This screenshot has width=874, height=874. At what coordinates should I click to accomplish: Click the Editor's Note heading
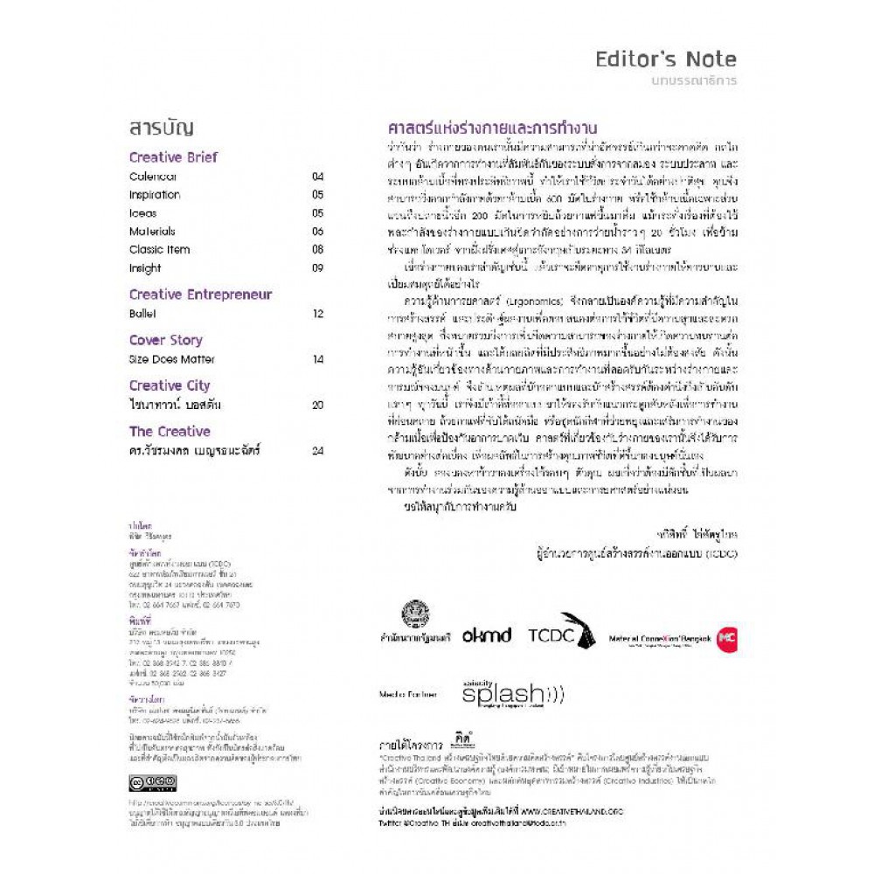click(665, 59)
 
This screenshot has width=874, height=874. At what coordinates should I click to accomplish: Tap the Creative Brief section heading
click(173, 157)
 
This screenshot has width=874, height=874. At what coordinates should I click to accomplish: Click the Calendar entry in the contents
click(153, 177)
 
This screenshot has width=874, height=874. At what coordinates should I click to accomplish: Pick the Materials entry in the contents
click(152, 232)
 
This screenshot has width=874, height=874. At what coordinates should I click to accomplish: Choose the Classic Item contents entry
click(159, 250)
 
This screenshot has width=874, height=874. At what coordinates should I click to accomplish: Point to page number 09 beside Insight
click(317, 268)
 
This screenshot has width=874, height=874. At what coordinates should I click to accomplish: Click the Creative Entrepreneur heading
click(200, 295)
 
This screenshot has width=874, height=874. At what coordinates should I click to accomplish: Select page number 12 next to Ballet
click(317, 314)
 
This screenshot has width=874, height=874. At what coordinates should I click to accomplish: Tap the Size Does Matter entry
click(171, 359)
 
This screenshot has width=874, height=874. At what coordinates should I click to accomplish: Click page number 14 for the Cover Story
click(317, 359)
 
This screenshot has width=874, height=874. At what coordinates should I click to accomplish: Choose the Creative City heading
click(170, 385)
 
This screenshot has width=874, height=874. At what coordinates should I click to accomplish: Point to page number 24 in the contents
click(317, 450)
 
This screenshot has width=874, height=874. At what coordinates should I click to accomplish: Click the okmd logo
click(487, 635)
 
